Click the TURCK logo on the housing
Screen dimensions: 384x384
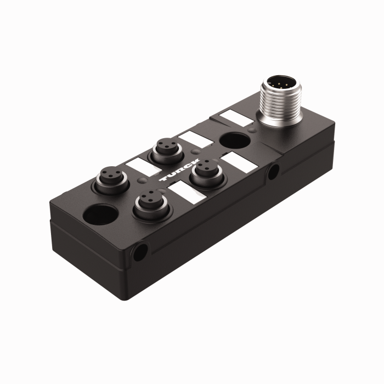[x=177, y=175]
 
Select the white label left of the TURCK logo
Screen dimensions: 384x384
[x=138, y=165]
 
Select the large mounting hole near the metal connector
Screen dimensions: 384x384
[x=233, y=140]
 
